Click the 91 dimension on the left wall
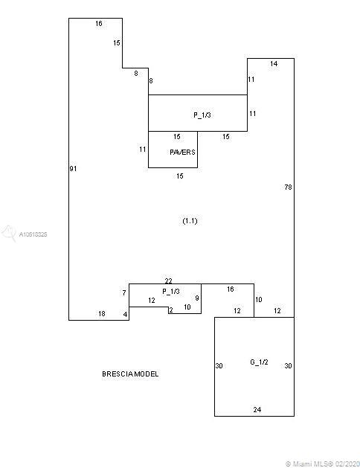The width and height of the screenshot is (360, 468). [x=73, y=169]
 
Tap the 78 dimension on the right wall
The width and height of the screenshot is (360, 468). [x=288, y=187]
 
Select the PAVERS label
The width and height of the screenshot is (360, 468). [x=182, y=153]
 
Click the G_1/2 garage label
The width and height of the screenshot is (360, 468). [x=259, y=362]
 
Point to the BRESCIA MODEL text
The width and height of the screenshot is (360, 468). [x=130, y=374]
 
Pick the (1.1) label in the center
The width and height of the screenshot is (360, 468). [x=190, y=221]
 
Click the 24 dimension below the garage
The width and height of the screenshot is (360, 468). [x=257, y=410]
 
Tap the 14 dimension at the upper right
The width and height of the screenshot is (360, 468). [x=274, y=63]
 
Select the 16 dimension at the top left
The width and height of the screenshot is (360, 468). [x=99, y=23]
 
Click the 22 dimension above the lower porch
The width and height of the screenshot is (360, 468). [x=169, y=281]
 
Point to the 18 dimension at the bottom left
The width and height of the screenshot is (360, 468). [x=102, y=314]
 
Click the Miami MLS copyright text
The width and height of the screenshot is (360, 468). [x=323, y=464]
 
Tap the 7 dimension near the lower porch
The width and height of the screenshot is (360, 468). [x=124, y=293]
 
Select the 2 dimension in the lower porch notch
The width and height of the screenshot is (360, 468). [x=171, y=310]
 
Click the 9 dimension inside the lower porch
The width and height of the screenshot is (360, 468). [x=197, y=298]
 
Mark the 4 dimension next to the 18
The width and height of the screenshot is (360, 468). [x=125, y=314]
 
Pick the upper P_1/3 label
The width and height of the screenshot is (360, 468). [x=202, y=115]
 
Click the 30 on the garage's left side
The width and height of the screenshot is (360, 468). [x=219, y=365]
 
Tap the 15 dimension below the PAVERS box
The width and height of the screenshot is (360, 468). [x=179, y=176]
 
